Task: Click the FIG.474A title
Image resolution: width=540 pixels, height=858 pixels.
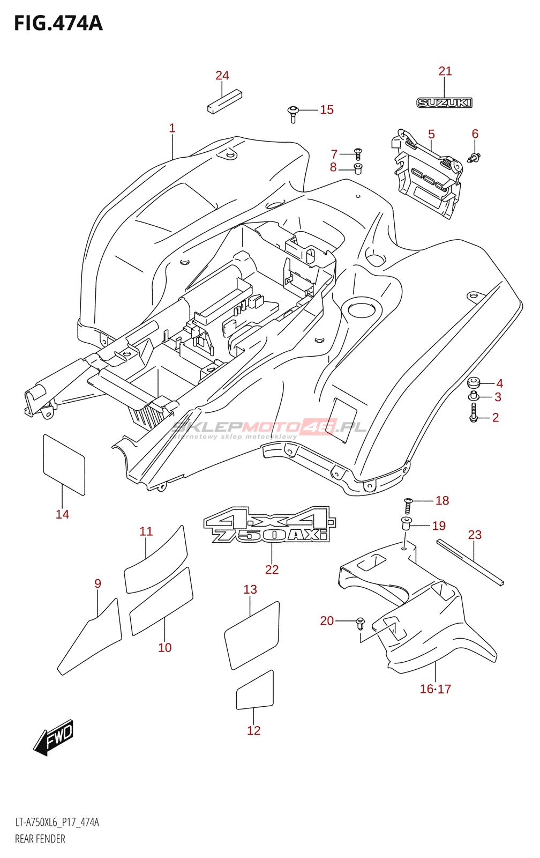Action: pyautogui.click(x=58, y=24)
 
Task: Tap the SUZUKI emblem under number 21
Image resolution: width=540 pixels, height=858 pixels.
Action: pyautogui.click(x=444, y=102)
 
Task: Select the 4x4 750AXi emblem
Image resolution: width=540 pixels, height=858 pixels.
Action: pyautogui.click(x=269, y=524)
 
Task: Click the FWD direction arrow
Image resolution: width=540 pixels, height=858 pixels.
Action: pyautogui.click(x=54, y=737)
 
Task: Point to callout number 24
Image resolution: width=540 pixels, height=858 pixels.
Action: pyautogui.click(x=222, y=76)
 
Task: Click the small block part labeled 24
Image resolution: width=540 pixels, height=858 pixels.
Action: pyautogui.click(x=217, y=101)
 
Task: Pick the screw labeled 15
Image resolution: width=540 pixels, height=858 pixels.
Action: pyautogui.click(x=292, y=113)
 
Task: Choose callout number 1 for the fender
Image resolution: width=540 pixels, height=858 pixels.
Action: pyautogui.click(x=172, y=128)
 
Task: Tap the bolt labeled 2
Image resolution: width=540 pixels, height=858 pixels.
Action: pyautogui.click(x=474, y=413)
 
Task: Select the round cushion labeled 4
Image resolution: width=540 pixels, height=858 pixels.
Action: pyautogui.click(x=474, y=383)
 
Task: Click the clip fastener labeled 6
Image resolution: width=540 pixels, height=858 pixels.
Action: pyautogui.click(x=474, y=157)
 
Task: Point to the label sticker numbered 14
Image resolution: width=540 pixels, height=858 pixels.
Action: pyautogui.click(x=64, y=464)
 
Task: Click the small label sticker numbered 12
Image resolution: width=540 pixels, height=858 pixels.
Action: pyautogui.click(x=255, y=691)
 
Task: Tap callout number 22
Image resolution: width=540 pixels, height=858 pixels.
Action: pyautogui.click(x=272, y=569)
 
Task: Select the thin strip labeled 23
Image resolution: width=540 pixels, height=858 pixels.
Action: pyautogui.click(x=470, y=563)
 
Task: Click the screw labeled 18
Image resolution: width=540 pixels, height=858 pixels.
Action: pyautogui.click(x=408, y=506)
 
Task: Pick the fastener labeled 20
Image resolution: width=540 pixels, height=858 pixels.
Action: pyautogui.click(x=360, y=623)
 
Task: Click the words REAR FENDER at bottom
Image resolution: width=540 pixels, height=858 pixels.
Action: pyautogui.click(x=40, y=839)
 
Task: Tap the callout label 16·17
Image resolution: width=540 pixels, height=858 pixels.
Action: pyautogui.click(x=435, y=689)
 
